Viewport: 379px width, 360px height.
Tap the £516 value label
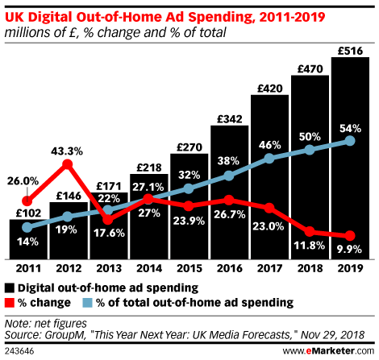[x=352, y=50]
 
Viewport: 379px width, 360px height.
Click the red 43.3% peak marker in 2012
[x=68, y=164]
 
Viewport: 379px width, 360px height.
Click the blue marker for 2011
[x=28, y=227]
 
